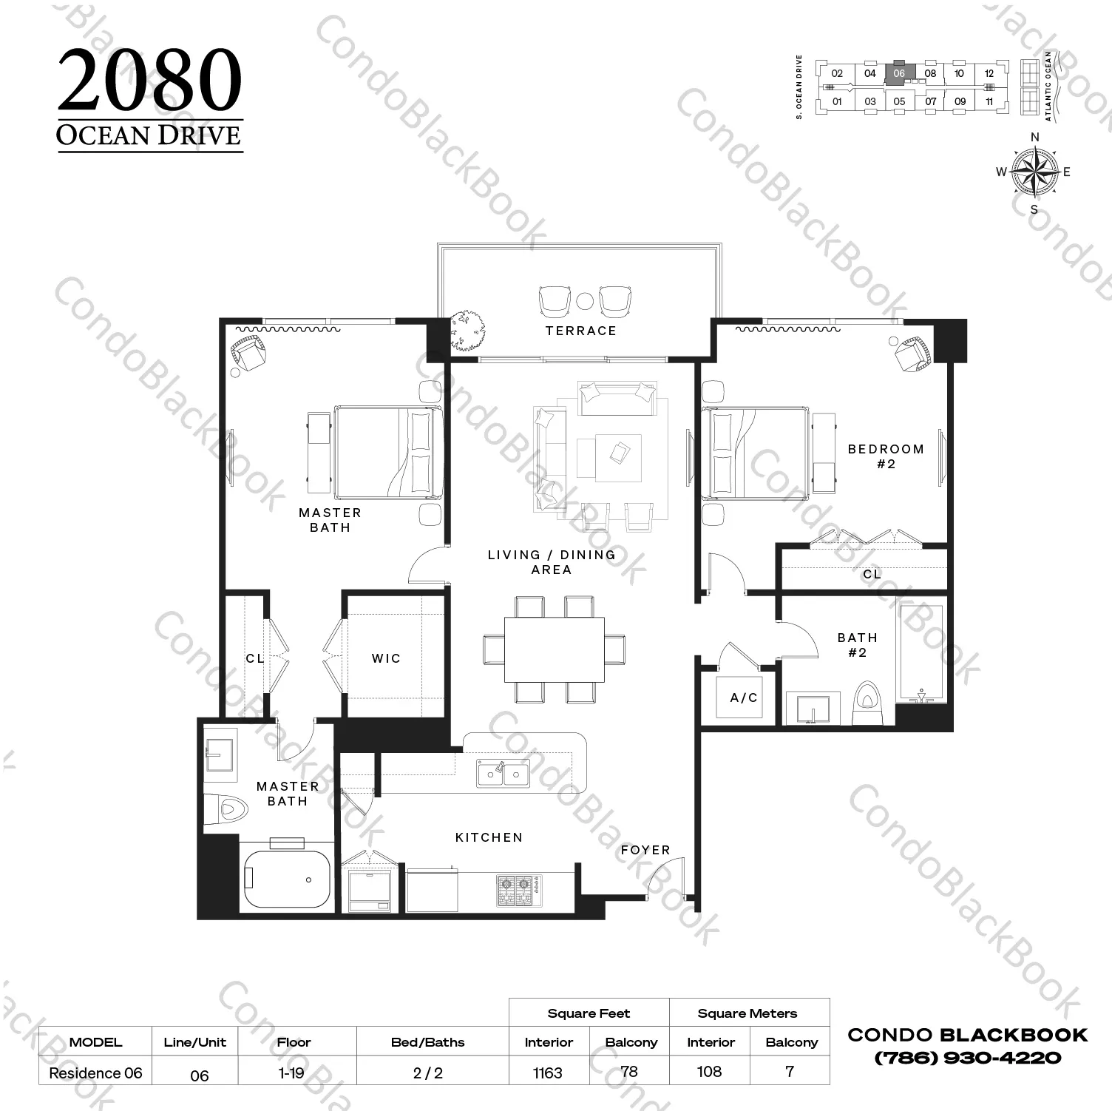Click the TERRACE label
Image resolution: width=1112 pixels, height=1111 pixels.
coord(580,331)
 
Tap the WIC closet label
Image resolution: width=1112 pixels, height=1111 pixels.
coord(386,658)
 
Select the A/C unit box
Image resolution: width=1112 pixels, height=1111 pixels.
coord(744,698)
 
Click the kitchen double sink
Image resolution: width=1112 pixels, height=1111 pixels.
coord(504,774)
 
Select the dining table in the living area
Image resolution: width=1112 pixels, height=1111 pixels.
coord(554,649)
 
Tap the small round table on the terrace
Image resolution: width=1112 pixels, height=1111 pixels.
coord(585,301)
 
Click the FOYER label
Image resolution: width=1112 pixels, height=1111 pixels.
coord(645,851)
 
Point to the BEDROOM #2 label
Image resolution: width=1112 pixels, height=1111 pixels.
coord(886,456)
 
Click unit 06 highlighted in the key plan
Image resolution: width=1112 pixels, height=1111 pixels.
coord(899,72)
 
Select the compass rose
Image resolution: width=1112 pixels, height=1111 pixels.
coord(1034,172)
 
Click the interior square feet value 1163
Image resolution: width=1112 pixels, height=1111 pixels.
coord(548,1073)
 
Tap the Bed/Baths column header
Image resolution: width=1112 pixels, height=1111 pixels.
coord(428,1042)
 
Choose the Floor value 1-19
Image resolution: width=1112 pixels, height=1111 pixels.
coord(292,1073)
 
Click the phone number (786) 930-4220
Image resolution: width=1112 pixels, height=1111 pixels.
coord(968,1058)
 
